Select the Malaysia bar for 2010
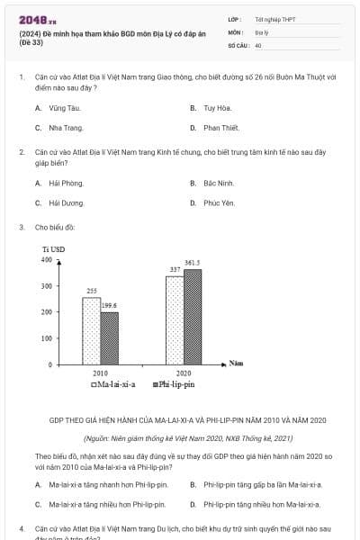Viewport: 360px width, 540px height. pos(91,330)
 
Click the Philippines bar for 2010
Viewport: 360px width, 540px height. pos(109,337)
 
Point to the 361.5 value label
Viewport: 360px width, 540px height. pos(193,263)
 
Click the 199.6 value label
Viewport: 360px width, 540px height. pos(109,306)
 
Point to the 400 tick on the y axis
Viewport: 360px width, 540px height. pos(46,259)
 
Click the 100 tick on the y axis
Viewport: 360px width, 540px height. pos(46,337)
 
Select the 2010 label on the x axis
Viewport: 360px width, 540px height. pos(100,373)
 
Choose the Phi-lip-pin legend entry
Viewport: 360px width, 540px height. pos(176,385)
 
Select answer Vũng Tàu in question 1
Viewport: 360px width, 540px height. pos(58,108)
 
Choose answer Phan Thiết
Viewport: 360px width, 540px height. pos(220,128)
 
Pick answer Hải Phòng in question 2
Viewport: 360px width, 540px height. pos(59,183)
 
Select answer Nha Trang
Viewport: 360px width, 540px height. pos(59,128)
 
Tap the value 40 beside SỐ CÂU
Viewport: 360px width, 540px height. pos(258,44)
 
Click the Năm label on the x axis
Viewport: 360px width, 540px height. pos(237,363)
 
